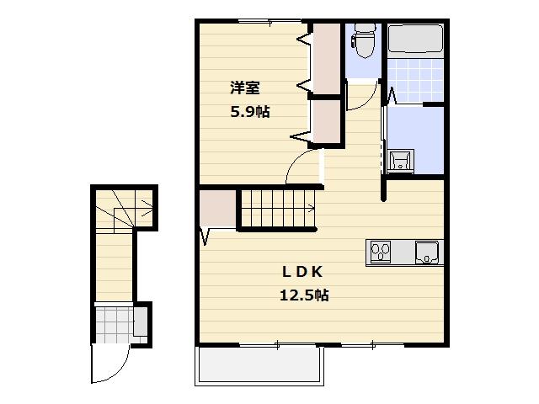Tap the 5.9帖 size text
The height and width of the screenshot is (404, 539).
point(250,111)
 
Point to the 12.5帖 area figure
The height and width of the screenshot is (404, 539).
point(303,295)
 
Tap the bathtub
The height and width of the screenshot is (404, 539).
point(415,40)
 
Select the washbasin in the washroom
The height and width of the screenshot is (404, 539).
point(401,160)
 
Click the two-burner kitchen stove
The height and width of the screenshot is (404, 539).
point(381,251)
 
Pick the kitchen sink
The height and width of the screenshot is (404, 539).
point(429,252)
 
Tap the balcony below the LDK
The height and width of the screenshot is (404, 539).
point(259,364)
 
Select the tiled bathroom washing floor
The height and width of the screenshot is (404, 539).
point(414,81)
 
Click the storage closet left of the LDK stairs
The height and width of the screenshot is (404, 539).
point(218,209)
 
